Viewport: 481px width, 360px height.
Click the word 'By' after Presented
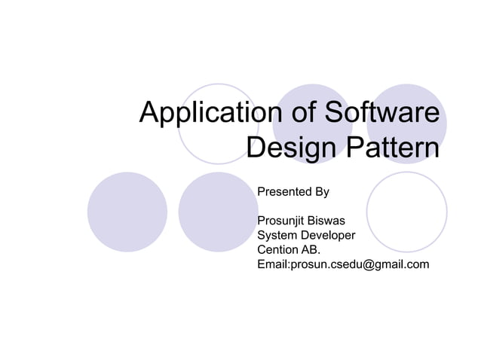point(321,192)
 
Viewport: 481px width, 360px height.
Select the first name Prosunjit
point(283,222)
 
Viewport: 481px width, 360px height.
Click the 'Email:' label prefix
point(274,264)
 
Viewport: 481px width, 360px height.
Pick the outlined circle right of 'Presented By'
point(406,212)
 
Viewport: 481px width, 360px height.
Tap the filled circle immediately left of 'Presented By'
point(218,212)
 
